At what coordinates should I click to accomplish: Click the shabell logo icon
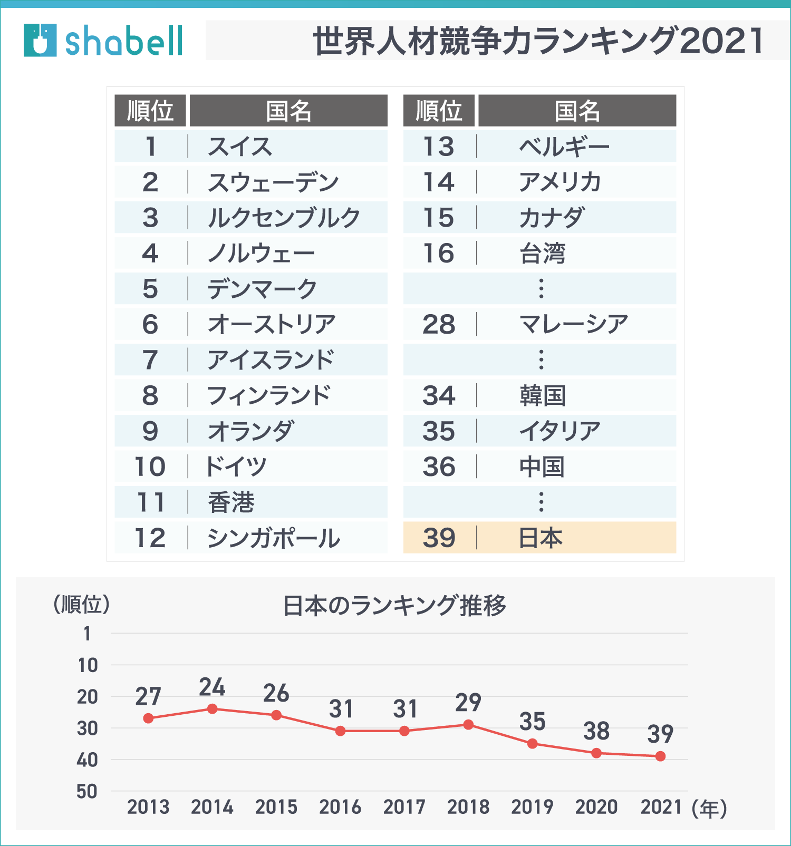click(x=40, y=40)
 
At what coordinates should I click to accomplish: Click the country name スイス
click(x=240, y=147)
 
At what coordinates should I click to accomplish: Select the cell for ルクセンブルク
click(x=284, y=218)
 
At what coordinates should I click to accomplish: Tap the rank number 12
click(x=150, y=538)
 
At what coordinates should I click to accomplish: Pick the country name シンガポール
click(x=274, y=538)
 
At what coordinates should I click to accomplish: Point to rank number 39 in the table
click(x=439, y=538)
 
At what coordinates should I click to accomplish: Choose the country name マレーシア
click(x=574, y=324)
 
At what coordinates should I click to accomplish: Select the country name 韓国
click(x=543, y=396)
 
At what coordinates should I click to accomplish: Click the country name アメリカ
click(x=560, y=182)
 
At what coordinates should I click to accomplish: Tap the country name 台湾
click(x=543, y=254)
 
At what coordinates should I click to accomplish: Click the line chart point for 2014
click(x=213, y=709)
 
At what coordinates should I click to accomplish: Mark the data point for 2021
click(x=660, y=756)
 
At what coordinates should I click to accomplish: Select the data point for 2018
click(x=468, y=725)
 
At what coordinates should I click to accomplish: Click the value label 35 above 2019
click(x=532, y=722)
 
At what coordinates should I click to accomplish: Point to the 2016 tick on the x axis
click(x=340, y=807)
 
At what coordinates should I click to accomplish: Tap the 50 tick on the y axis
click(x=88, y=791)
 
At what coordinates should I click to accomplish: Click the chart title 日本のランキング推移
click(x=394, y=606)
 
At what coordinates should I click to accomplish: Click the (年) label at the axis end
click(x=709, y=808)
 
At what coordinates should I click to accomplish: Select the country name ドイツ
click(x=236, y=467)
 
